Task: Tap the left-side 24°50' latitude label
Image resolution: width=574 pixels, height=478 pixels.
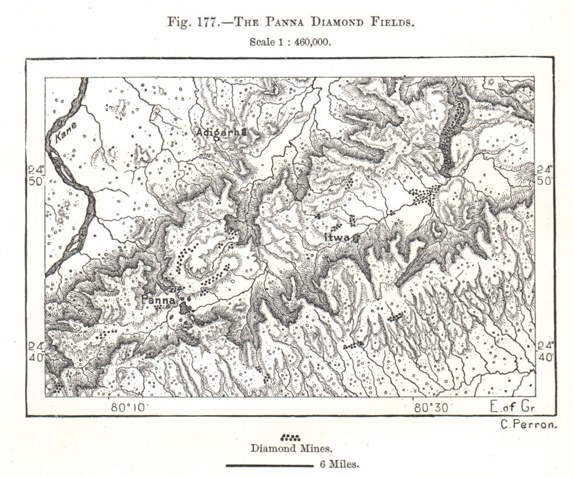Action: tap(36, 175)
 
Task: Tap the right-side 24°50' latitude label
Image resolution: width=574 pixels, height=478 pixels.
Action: tap(545, 175)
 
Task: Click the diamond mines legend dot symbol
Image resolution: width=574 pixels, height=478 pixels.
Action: tap(290, 438)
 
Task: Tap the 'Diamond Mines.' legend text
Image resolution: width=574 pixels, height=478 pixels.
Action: tap(290, 448)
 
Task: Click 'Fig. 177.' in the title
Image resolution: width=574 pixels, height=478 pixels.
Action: tap(189, 22)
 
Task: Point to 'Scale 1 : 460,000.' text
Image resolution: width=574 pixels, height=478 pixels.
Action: tap(290, 41)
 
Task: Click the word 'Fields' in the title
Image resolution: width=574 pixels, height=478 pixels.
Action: tap(393, 22)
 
